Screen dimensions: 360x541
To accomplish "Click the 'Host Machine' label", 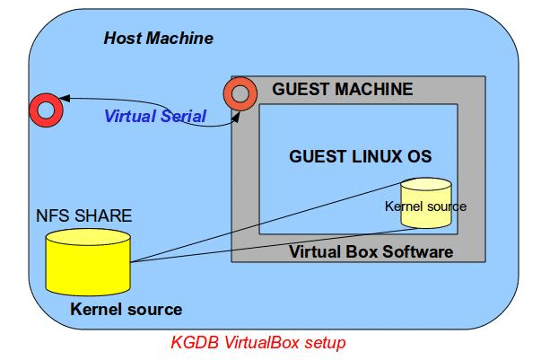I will point(159,38).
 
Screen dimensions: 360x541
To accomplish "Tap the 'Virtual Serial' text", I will point(155,116).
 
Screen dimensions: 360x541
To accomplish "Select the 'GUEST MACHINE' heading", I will point(343,90).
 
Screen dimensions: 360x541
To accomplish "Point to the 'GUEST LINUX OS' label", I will point(361,156).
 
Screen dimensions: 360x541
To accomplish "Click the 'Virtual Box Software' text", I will point(371,251).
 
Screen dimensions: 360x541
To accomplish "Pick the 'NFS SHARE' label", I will point(83,215).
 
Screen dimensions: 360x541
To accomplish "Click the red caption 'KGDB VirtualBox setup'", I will point(257,342).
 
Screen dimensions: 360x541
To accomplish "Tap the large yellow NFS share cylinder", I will point(88,261).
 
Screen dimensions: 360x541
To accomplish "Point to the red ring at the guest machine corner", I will point(240,92).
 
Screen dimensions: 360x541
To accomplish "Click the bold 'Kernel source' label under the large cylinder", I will point(126,310).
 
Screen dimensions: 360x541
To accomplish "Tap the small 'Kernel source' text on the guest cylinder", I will point(425,206).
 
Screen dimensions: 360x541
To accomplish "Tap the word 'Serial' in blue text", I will point(184,116).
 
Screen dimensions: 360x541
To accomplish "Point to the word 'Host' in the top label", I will point(122,38).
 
